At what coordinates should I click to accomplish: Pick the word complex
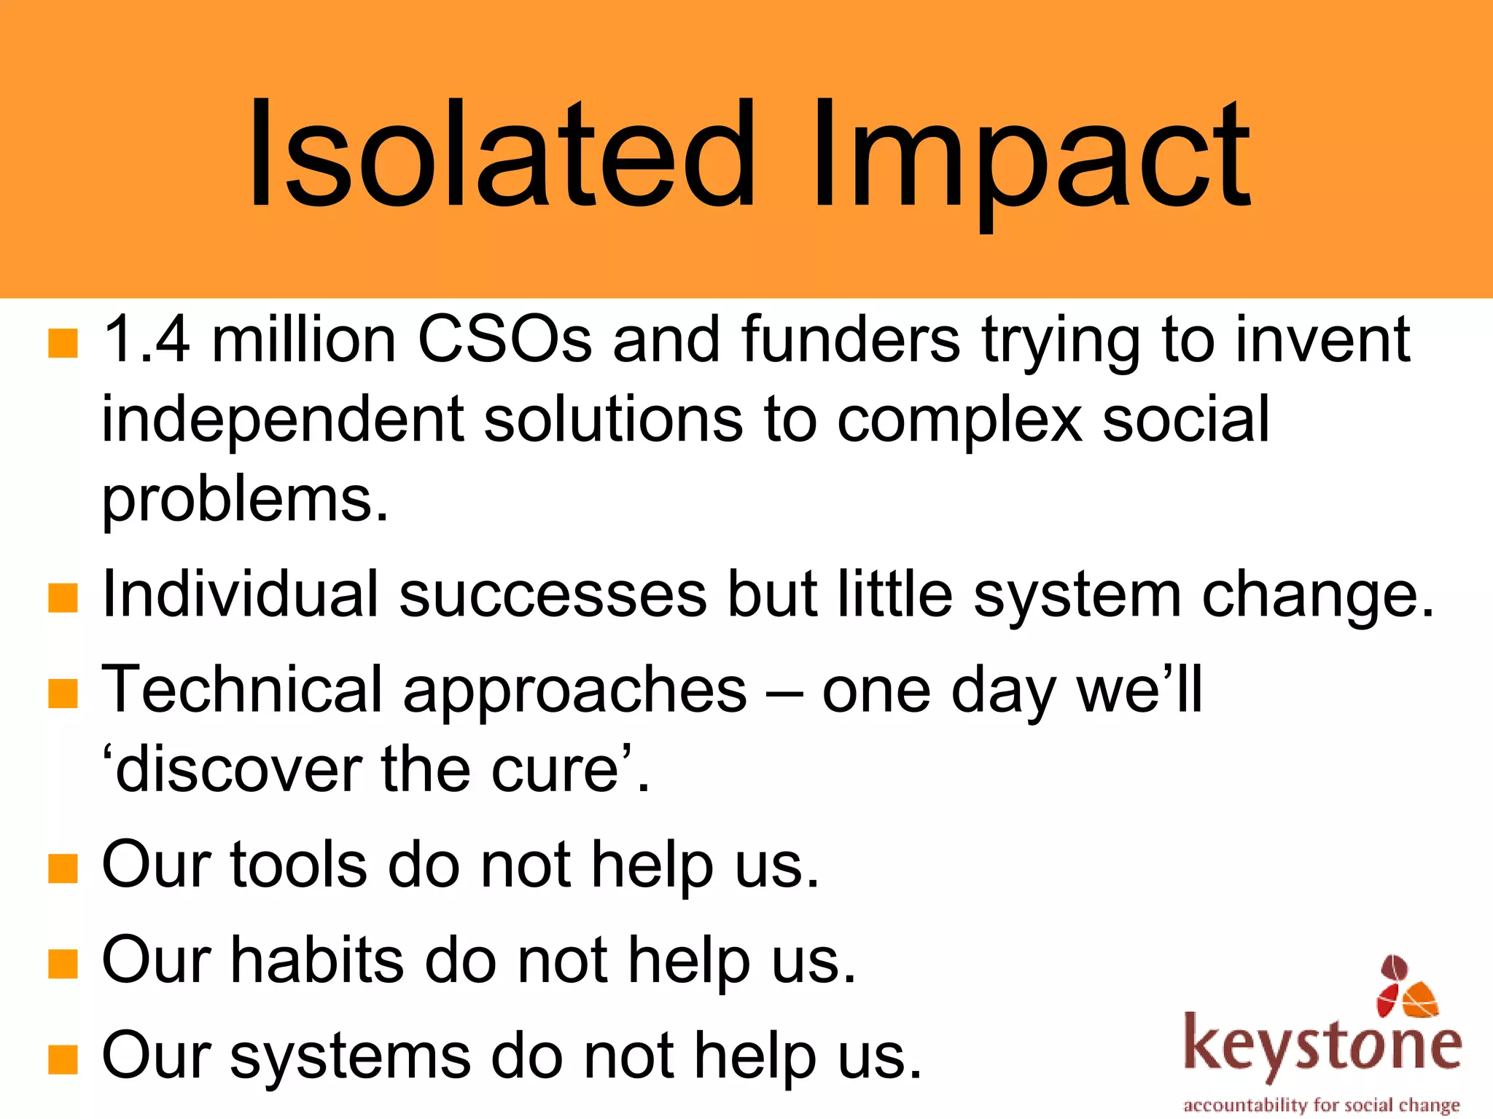[959, 420]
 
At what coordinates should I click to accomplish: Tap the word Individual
[241, 594]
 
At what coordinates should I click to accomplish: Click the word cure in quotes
[554, 771]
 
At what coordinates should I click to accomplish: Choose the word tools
[299, 865]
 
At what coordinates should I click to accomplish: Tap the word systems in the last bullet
[350, 1056]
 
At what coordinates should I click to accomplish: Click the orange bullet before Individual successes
[63, 597]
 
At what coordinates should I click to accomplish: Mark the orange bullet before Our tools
[63, 868]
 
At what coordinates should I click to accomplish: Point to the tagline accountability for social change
[1321, 1105]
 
